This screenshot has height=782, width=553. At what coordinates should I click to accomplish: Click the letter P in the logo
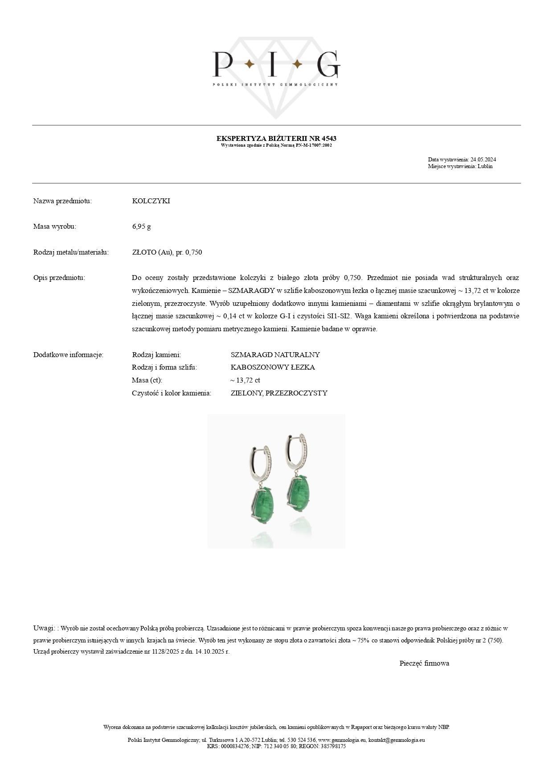pyautogui.click(x=222, y=64)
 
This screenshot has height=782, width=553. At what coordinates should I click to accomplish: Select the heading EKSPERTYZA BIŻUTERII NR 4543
pyautogui.click(x=276, y=139)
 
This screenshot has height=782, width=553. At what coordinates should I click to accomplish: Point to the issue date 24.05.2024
pyautogui.click(x=483, y=160)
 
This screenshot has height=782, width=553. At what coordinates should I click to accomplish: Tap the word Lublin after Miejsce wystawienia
pyautogui.click(x=485, y=166)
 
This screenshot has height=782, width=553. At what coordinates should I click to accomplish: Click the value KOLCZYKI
pyautogui.click(x=151, y=201)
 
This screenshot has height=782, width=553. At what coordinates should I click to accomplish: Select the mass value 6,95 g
pyautogui.click(x=141, y=226)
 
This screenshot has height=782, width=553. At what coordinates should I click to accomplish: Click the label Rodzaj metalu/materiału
pyautogui.click(x=71, y=252)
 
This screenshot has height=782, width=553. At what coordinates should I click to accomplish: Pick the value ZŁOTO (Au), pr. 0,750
pyautogui.click(x=167, y=252)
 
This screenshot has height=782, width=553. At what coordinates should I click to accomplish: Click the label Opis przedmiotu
pyautogui.click(x=59, y=278)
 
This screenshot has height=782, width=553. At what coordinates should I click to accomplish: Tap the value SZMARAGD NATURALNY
pyautogui.click(x=275, y=355)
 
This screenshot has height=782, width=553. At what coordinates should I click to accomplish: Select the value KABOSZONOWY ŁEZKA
pyautogui.click(x=273, y=367)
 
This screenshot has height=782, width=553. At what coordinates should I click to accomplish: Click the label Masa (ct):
pyautogui.click(x=147, y=380)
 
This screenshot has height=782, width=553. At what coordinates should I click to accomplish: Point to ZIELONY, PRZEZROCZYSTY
pyautogui.click(x=279, y=393)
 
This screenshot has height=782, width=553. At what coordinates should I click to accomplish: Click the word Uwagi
pyautogui.click(x=43, y=628)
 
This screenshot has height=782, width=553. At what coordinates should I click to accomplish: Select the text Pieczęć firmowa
pyautogui.click(x=424, y=663)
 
